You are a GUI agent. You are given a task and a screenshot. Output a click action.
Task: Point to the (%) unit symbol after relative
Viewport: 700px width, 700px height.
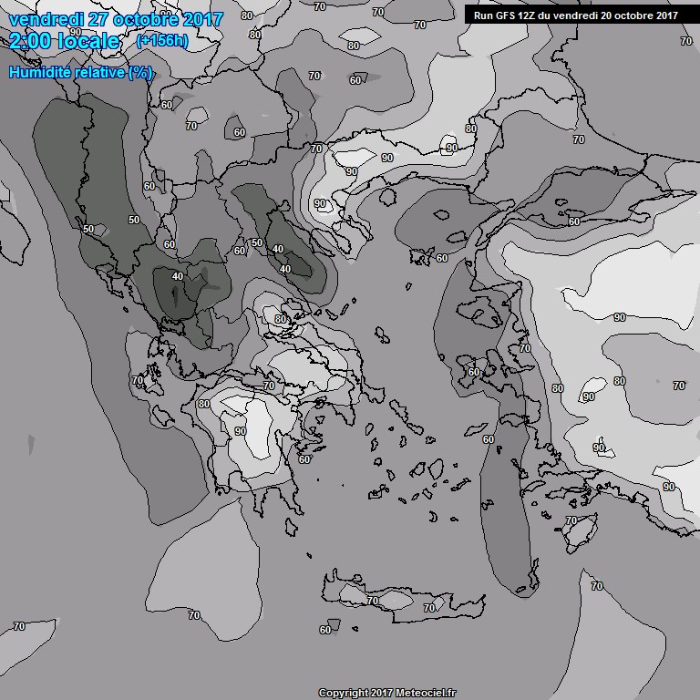(x=140, y=72)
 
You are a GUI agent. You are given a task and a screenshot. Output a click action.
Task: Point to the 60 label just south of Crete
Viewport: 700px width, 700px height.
(x=325, y=630)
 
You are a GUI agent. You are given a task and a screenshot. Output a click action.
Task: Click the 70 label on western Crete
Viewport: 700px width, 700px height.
(x=372, y=602)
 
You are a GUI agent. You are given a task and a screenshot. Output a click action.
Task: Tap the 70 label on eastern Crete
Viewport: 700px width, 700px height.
(x=429, y=608)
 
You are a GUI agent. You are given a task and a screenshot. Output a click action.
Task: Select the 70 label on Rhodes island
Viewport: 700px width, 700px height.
(x=571, y=520)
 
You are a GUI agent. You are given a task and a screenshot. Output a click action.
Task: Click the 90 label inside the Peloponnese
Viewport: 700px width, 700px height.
(x=241, y=431)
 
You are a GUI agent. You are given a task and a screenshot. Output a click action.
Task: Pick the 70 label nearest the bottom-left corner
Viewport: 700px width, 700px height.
(x=19, y=626)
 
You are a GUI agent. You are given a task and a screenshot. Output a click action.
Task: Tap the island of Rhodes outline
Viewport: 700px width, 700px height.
(x=579, y=534)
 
